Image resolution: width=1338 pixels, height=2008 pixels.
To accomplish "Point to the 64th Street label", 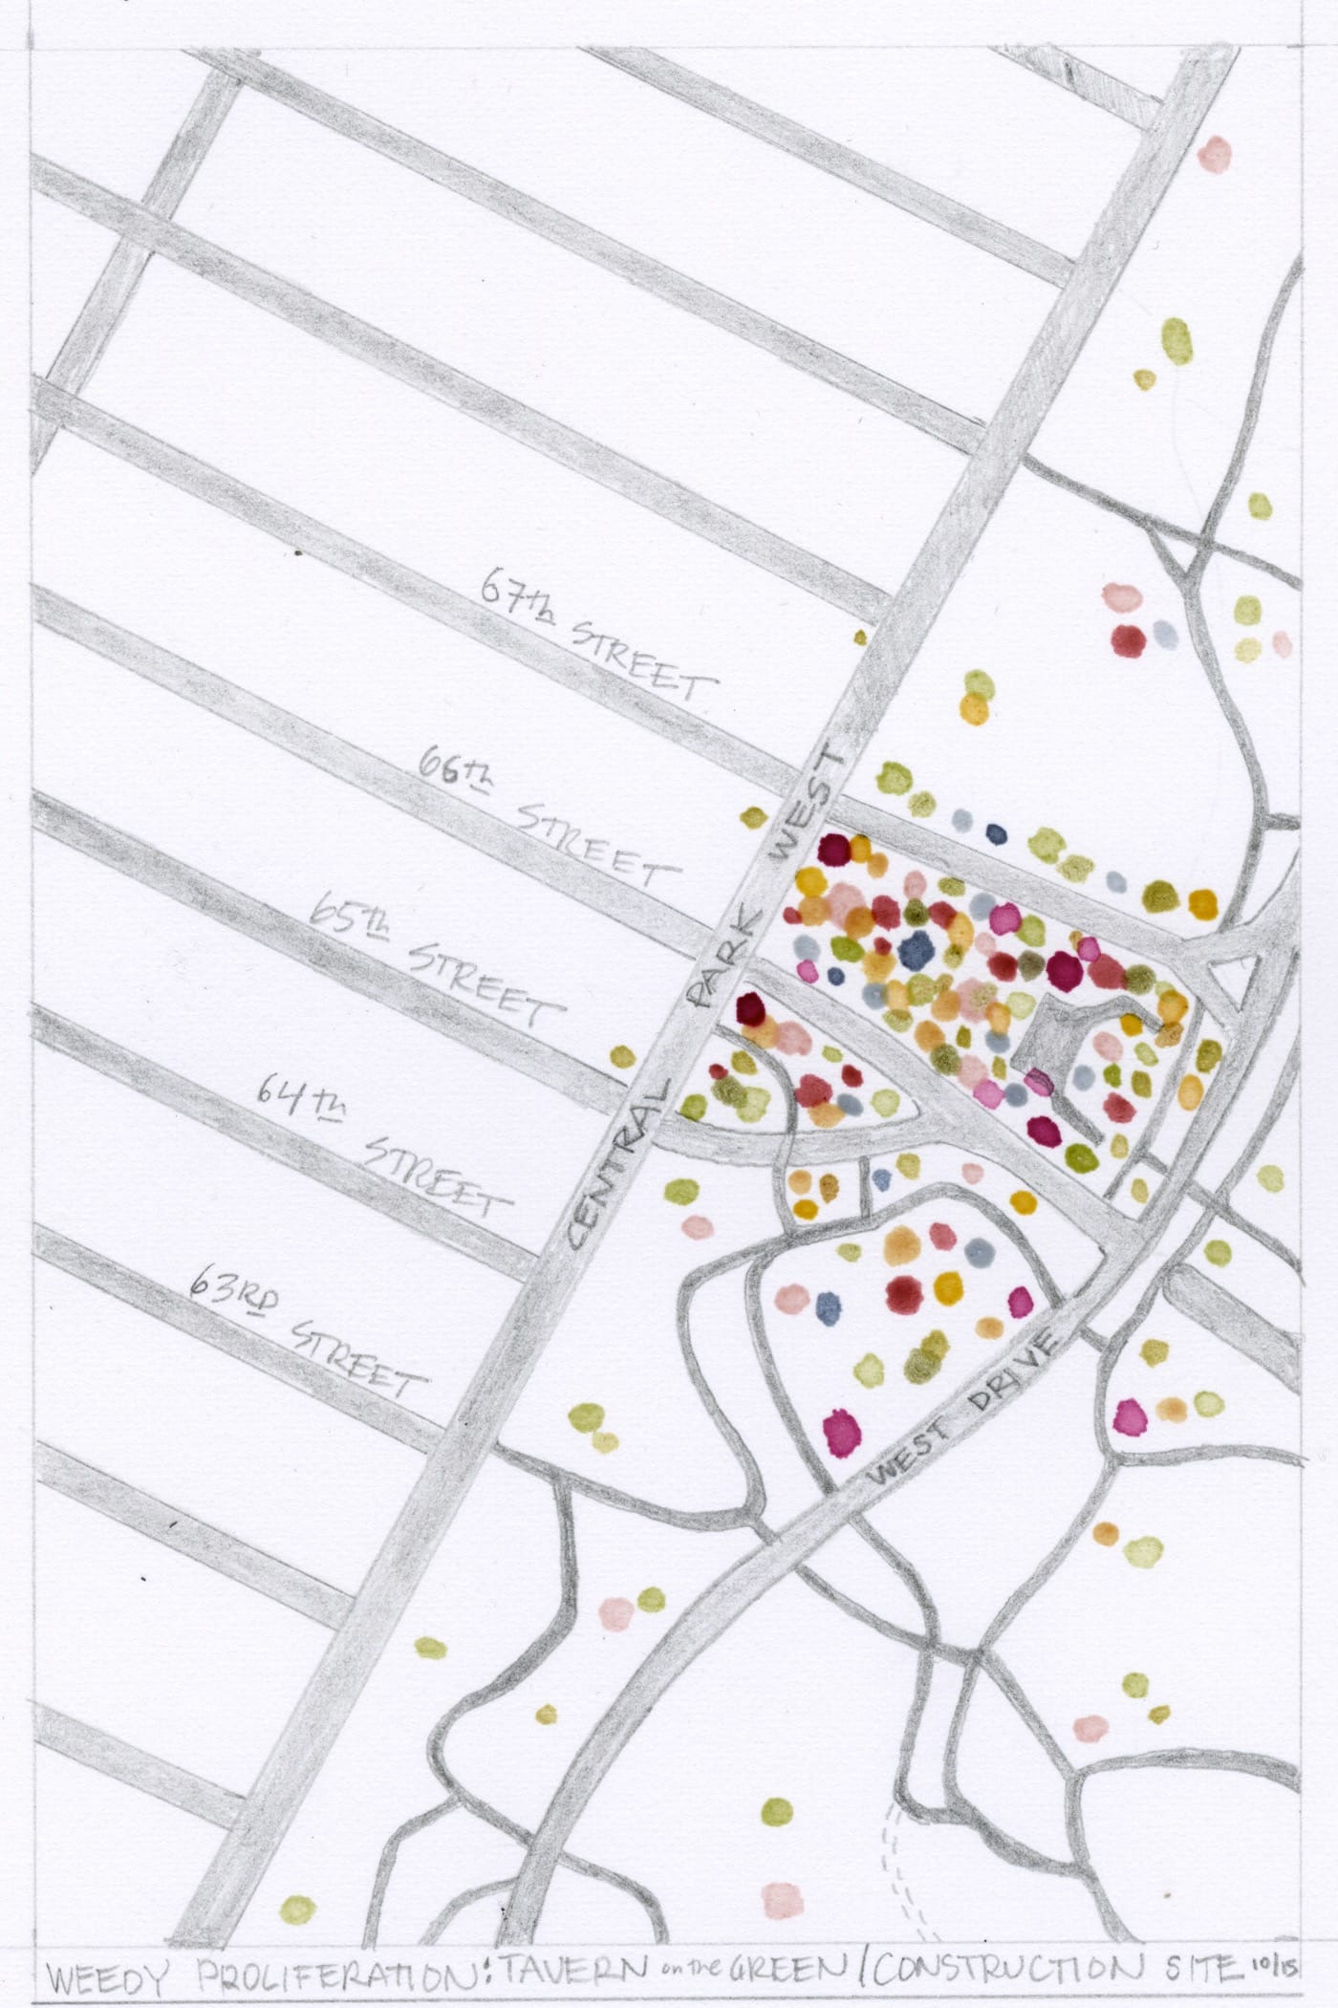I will coord(382,1137).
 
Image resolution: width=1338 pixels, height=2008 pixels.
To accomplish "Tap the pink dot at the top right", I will coord(1216,152).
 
